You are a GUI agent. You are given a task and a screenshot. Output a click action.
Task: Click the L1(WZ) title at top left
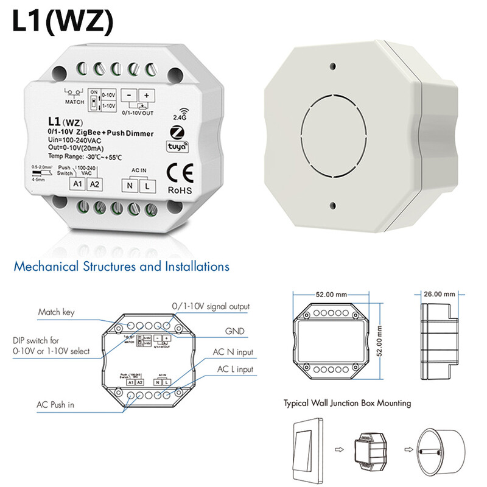(x=62, y=22)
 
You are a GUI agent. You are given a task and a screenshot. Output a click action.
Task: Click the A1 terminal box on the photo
(x=77, y=183)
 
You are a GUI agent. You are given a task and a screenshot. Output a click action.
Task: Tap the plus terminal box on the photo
(x=147, y=96)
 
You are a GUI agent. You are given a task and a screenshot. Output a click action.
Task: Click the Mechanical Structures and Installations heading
(x=121, y=267)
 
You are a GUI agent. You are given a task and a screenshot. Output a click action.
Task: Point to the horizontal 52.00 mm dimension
(x=332, y=295)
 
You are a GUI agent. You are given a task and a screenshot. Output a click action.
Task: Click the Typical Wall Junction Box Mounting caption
(x=347, y=403)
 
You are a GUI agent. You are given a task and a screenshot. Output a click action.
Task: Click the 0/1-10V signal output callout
(x=211, y=306)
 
